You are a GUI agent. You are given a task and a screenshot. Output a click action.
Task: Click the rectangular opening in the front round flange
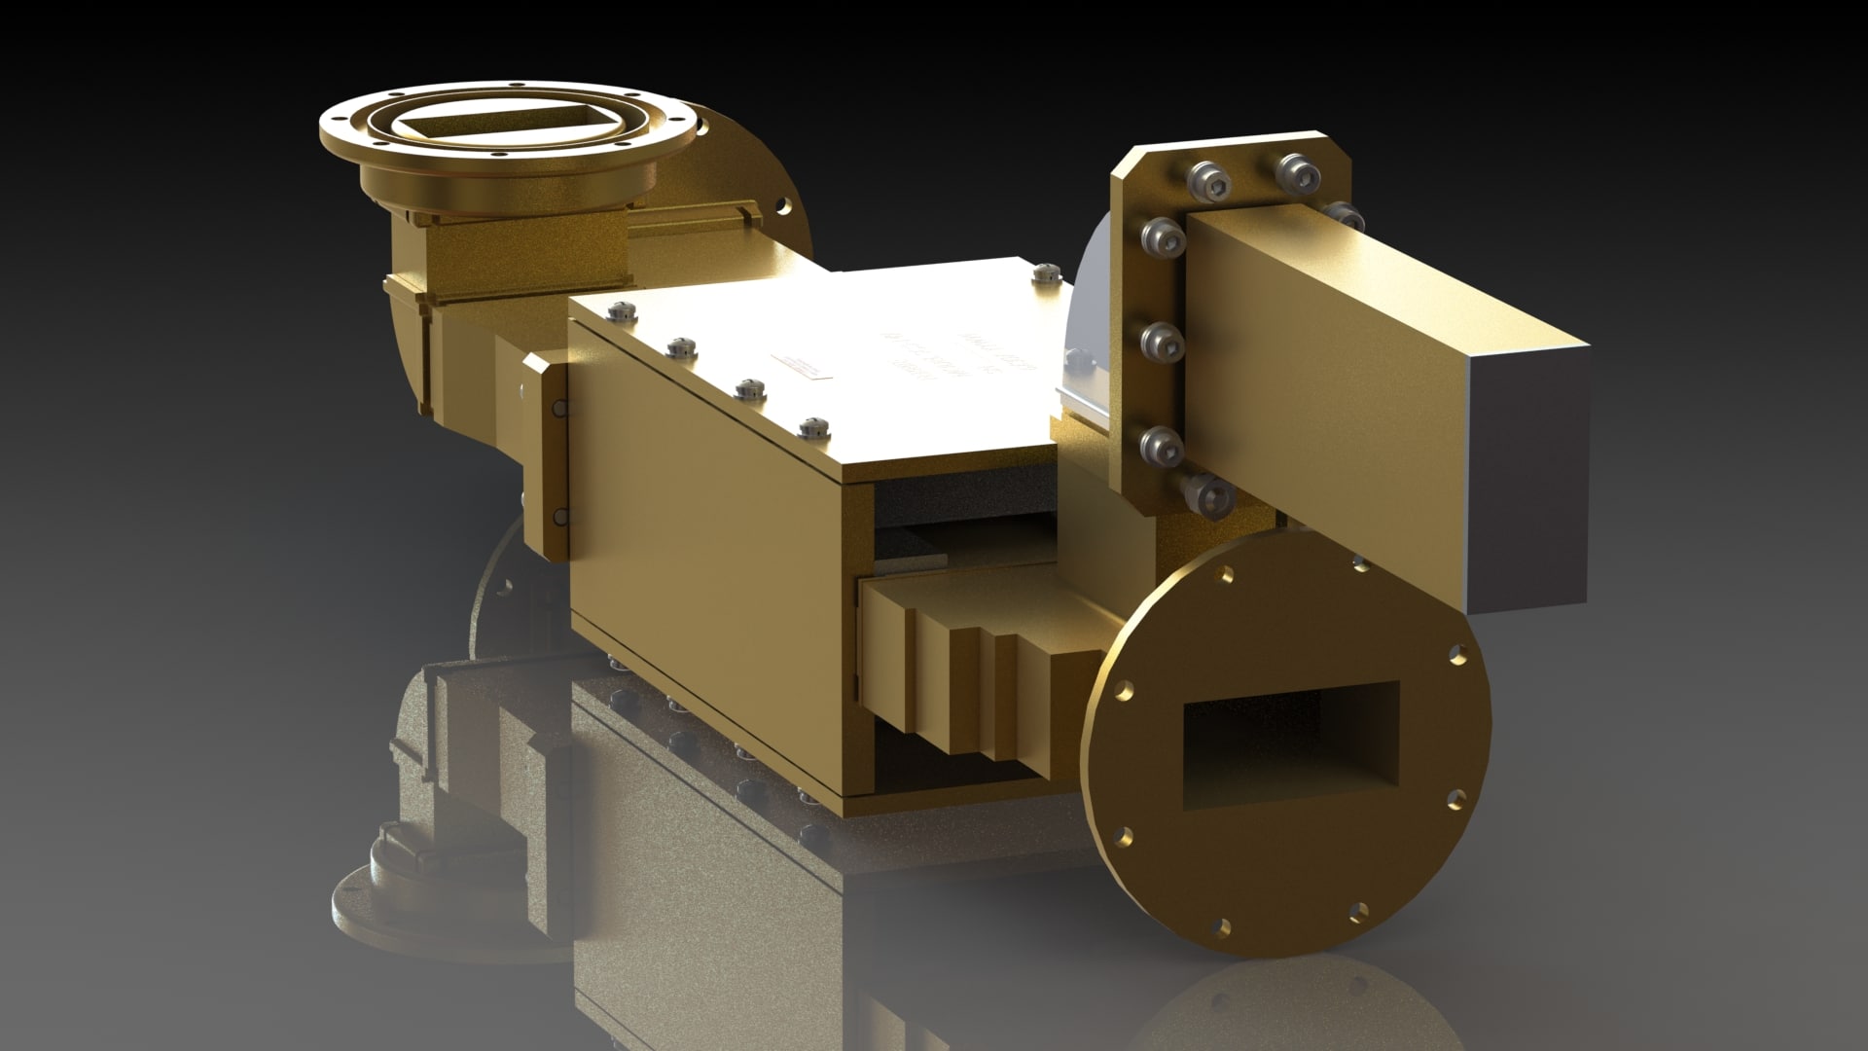tap(1290, 744)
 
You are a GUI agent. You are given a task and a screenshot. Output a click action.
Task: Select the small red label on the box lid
tap(797, 366)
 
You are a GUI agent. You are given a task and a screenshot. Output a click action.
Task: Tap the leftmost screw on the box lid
tap(622, 311)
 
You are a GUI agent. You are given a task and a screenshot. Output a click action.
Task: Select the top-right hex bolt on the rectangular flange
tap(1296, 172)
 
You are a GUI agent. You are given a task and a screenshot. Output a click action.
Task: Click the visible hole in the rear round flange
tap(781, 207)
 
